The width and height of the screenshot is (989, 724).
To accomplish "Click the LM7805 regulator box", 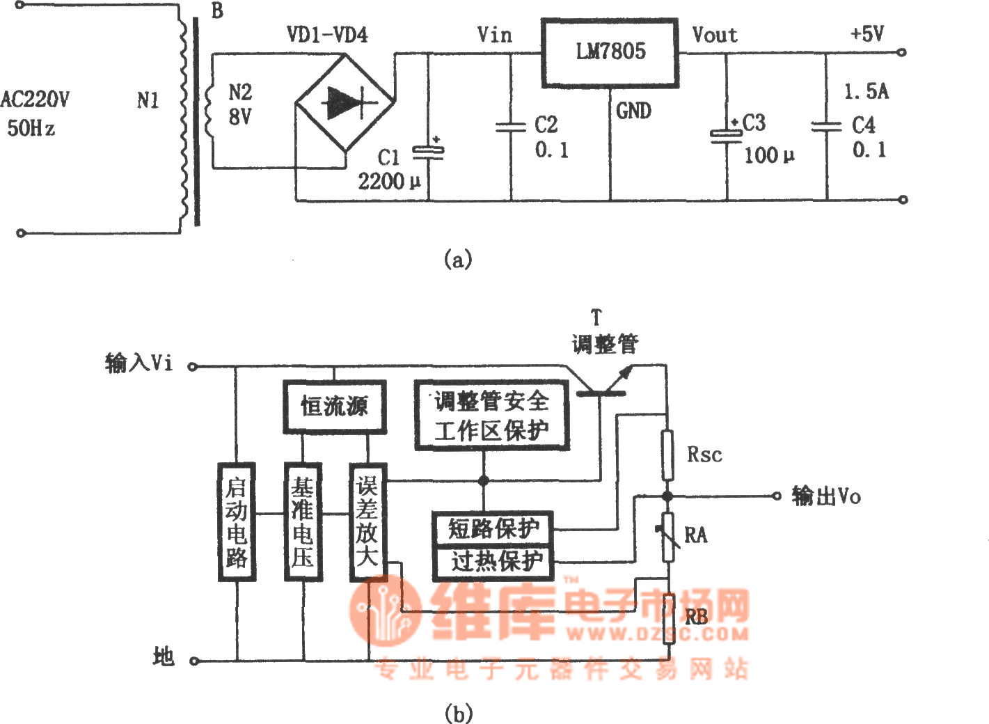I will click(610, 53).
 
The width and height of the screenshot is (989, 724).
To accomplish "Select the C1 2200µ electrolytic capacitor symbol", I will click(428, 151).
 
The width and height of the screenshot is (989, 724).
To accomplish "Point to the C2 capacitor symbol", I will click(511, 127).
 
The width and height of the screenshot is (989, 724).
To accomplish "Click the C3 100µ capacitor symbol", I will click(725, 134).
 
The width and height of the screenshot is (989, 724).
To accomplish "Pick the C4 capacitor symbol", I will click(827, 127).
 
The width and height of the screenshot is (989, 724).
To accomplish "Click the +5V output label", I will click(867, 33).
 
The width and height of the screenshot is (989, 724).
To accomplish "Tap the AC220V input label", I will click(35, 100).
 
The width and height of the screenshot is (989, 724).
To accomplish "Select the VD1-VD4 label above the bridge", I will click(327, 34).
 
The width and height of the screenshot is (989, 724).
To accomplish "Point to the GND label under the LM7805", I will click(634, 111).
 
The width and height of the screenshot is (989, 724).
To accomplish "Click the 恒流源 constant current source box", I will click(334, 407).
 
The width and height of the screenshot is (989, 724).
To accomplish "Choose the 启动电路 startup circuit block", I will click(237, 521).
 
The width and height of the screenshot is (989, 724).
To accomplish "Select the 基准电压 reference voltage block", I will click(303, 521).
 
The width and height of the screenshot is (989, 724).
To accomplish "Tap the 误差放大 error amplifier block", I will click(367, 521).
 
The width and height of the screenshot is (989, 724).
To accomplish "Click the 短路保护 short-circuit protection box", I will click(493, 528).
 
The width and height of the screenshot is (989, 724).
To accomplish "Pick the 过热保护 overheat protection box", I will click(493, 561).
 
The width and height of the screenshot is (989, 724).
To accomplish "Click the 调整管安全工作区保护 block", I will click(491, 415).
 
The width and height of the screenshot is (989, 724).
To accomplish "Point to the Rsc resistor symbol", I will click(667, 455).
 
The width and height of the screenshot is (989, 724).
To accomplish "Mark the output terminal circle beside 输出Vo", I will click(777, 496).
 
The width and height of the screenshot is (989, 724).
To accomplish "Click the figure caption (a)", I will click(457, 260).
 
